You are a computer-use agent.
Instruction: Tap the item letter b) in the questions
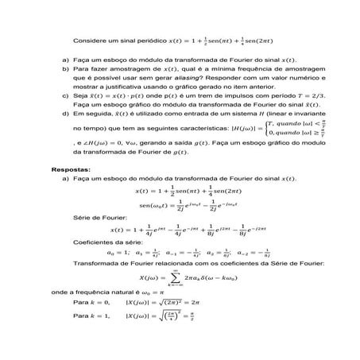pyautogui.click(x=64, y=70)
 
